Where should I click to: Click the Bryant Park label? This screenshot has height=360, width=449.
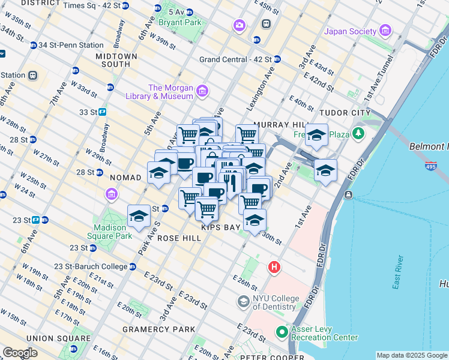180,23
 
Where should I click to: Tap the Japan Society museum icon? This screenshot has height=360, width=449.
385,31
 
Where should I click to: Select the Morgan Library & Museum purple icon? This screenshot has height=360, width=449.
202,91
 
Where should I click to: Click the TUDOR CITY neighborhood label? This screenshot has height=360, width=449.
345,113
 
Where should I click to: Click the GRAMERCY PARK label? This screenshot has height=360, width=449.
159,329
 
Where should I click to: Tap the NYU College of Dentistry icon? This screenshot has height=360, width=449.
244,301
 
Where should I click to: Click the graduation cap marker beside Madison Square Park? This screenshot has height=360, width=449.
139,217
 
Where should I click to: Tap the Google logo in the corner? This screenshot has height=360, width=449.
20,353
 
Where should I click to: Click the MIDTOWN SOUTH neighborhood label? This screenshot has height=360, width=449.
116,60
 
